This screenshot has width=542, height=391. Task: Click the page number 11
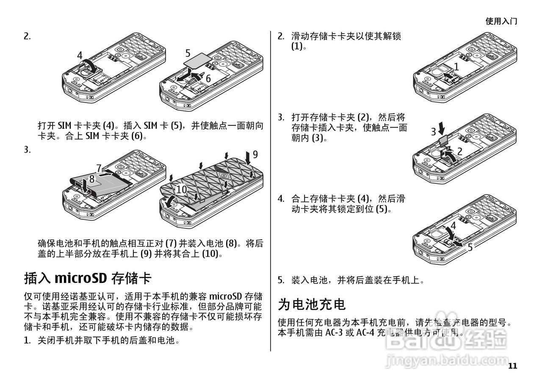[x=512, y=366]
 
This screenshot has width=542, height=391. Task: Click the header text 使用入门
[x=501, y=21]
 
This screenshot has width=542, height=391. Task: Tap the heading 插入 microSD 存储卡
[x=88, y=278]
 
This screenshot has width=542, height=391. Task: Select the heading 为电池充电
[x=312, y=304]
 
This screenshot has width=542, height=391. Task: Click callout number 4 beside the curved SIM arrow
[x=80, y=55]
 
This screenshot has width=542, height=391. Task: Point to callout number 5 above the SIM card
[x=188, y=53]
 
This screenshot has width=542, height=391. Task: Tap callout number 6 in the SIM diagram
[x=208, y=78]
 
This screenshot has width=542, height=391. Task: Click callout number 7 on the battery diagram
[x=99, y=168]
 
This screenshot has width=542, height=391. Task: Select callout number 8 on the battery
[x=91, y=179]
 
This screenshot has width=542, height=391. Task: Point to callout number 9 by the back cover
[x=255, y=155]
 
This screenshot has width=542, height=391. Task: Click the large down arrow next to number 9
[x=247, y=158]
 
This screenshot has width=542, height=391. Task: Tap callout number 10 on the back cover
[x=181, y=190]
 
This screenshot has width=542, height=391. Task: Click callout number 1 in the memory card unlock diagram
[x=456, y=66]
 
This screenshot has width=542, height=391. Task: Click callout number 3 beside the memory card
[x=434, y=132]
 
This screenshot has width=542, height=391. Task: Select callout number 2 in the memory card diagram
[x=459, y=151]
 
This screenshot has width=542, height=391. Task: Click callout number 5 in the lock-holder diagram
[x=470, y=247]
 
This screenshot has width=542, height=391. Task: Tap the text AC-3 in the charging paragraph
[x=334, y=333]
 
